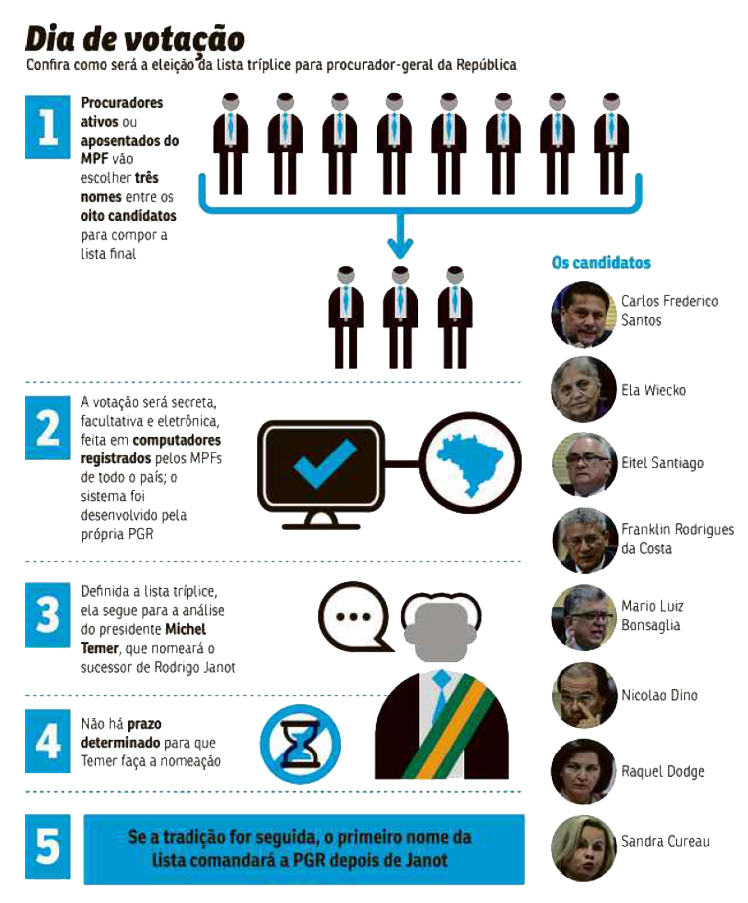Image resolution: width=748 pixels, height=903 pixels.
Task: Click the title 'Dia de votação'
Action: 136,39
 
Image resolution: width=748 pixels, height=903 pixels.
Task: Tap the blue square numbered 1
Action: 47,127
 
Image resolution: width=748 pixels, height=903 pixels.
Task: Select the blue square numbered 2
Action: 47,428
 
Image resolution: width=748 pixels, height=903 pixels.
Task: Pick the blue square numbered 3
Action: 47,615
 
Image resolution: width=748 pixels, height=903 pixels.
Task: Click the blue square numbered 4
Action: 47,742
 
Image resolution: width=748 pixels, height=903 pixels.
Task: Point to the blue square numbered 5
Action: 47,846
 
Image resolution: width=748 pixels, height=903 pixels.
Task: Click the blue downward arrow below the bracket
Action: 400,236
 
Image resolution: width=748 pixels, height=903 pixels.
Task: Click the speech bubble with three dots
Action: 353,616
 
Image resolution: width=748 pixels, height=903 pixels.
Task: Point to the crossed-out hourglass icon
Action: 300,745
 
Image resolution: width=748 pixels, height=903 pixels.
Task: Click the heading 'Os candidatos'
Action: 601,263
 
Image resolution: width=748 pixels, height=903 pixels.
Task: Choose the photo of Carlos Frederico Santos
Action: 583,314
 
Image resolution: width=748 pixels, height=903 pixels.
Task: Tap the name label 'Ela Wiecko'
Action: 653,390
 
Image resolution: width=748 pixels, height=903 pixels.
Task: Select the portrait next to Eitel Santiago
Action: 583,464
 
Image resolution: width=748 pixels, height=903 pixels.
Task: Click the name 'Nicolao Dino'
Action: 659,695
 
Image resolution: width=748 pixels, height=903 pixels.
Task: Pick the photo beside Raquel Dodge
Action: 583,771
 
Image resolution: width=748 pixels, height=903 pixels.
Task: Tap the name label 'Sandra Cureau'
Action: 665,841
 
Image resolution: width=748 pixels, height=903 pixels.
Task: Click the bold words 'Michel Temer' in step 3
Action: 144,638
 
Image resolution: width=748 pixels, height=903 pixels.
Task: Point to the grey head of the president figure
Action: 442,629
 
